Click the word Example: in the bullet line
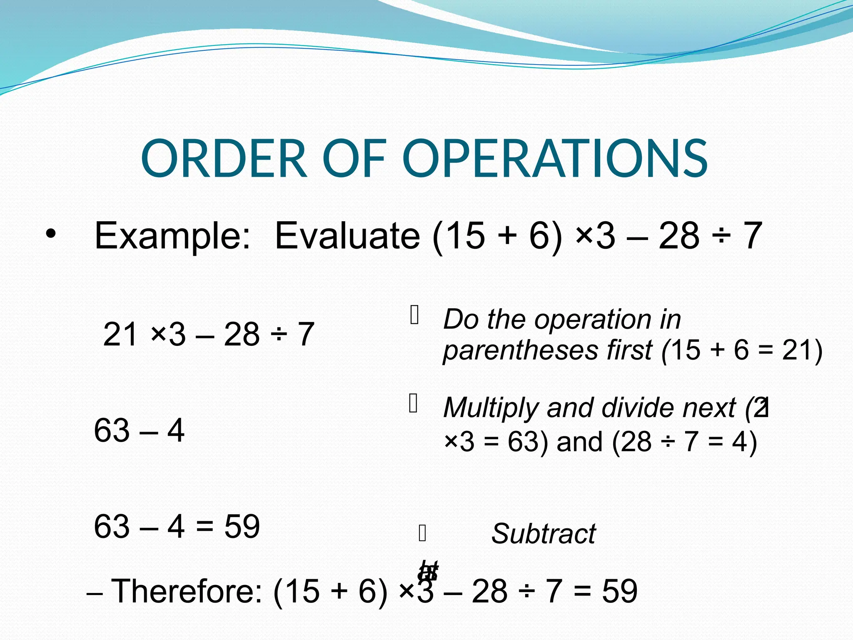coord(172,236)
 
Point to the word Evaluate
coord(347,236)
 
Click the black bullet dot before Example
coord(50,234)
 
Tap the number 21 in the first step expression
coord(120,334)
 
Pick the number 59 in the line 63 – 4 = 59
coord(242,527)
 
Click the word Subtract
coord(544,534)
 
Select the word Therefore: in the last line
coord(187,591)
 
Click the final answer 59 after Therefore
coord(619,591)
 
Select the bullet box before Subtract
coord(422,533)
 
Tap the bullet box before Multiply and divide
coord(414,403)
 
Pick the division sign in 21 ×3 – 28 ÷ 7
coord(279,335)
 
